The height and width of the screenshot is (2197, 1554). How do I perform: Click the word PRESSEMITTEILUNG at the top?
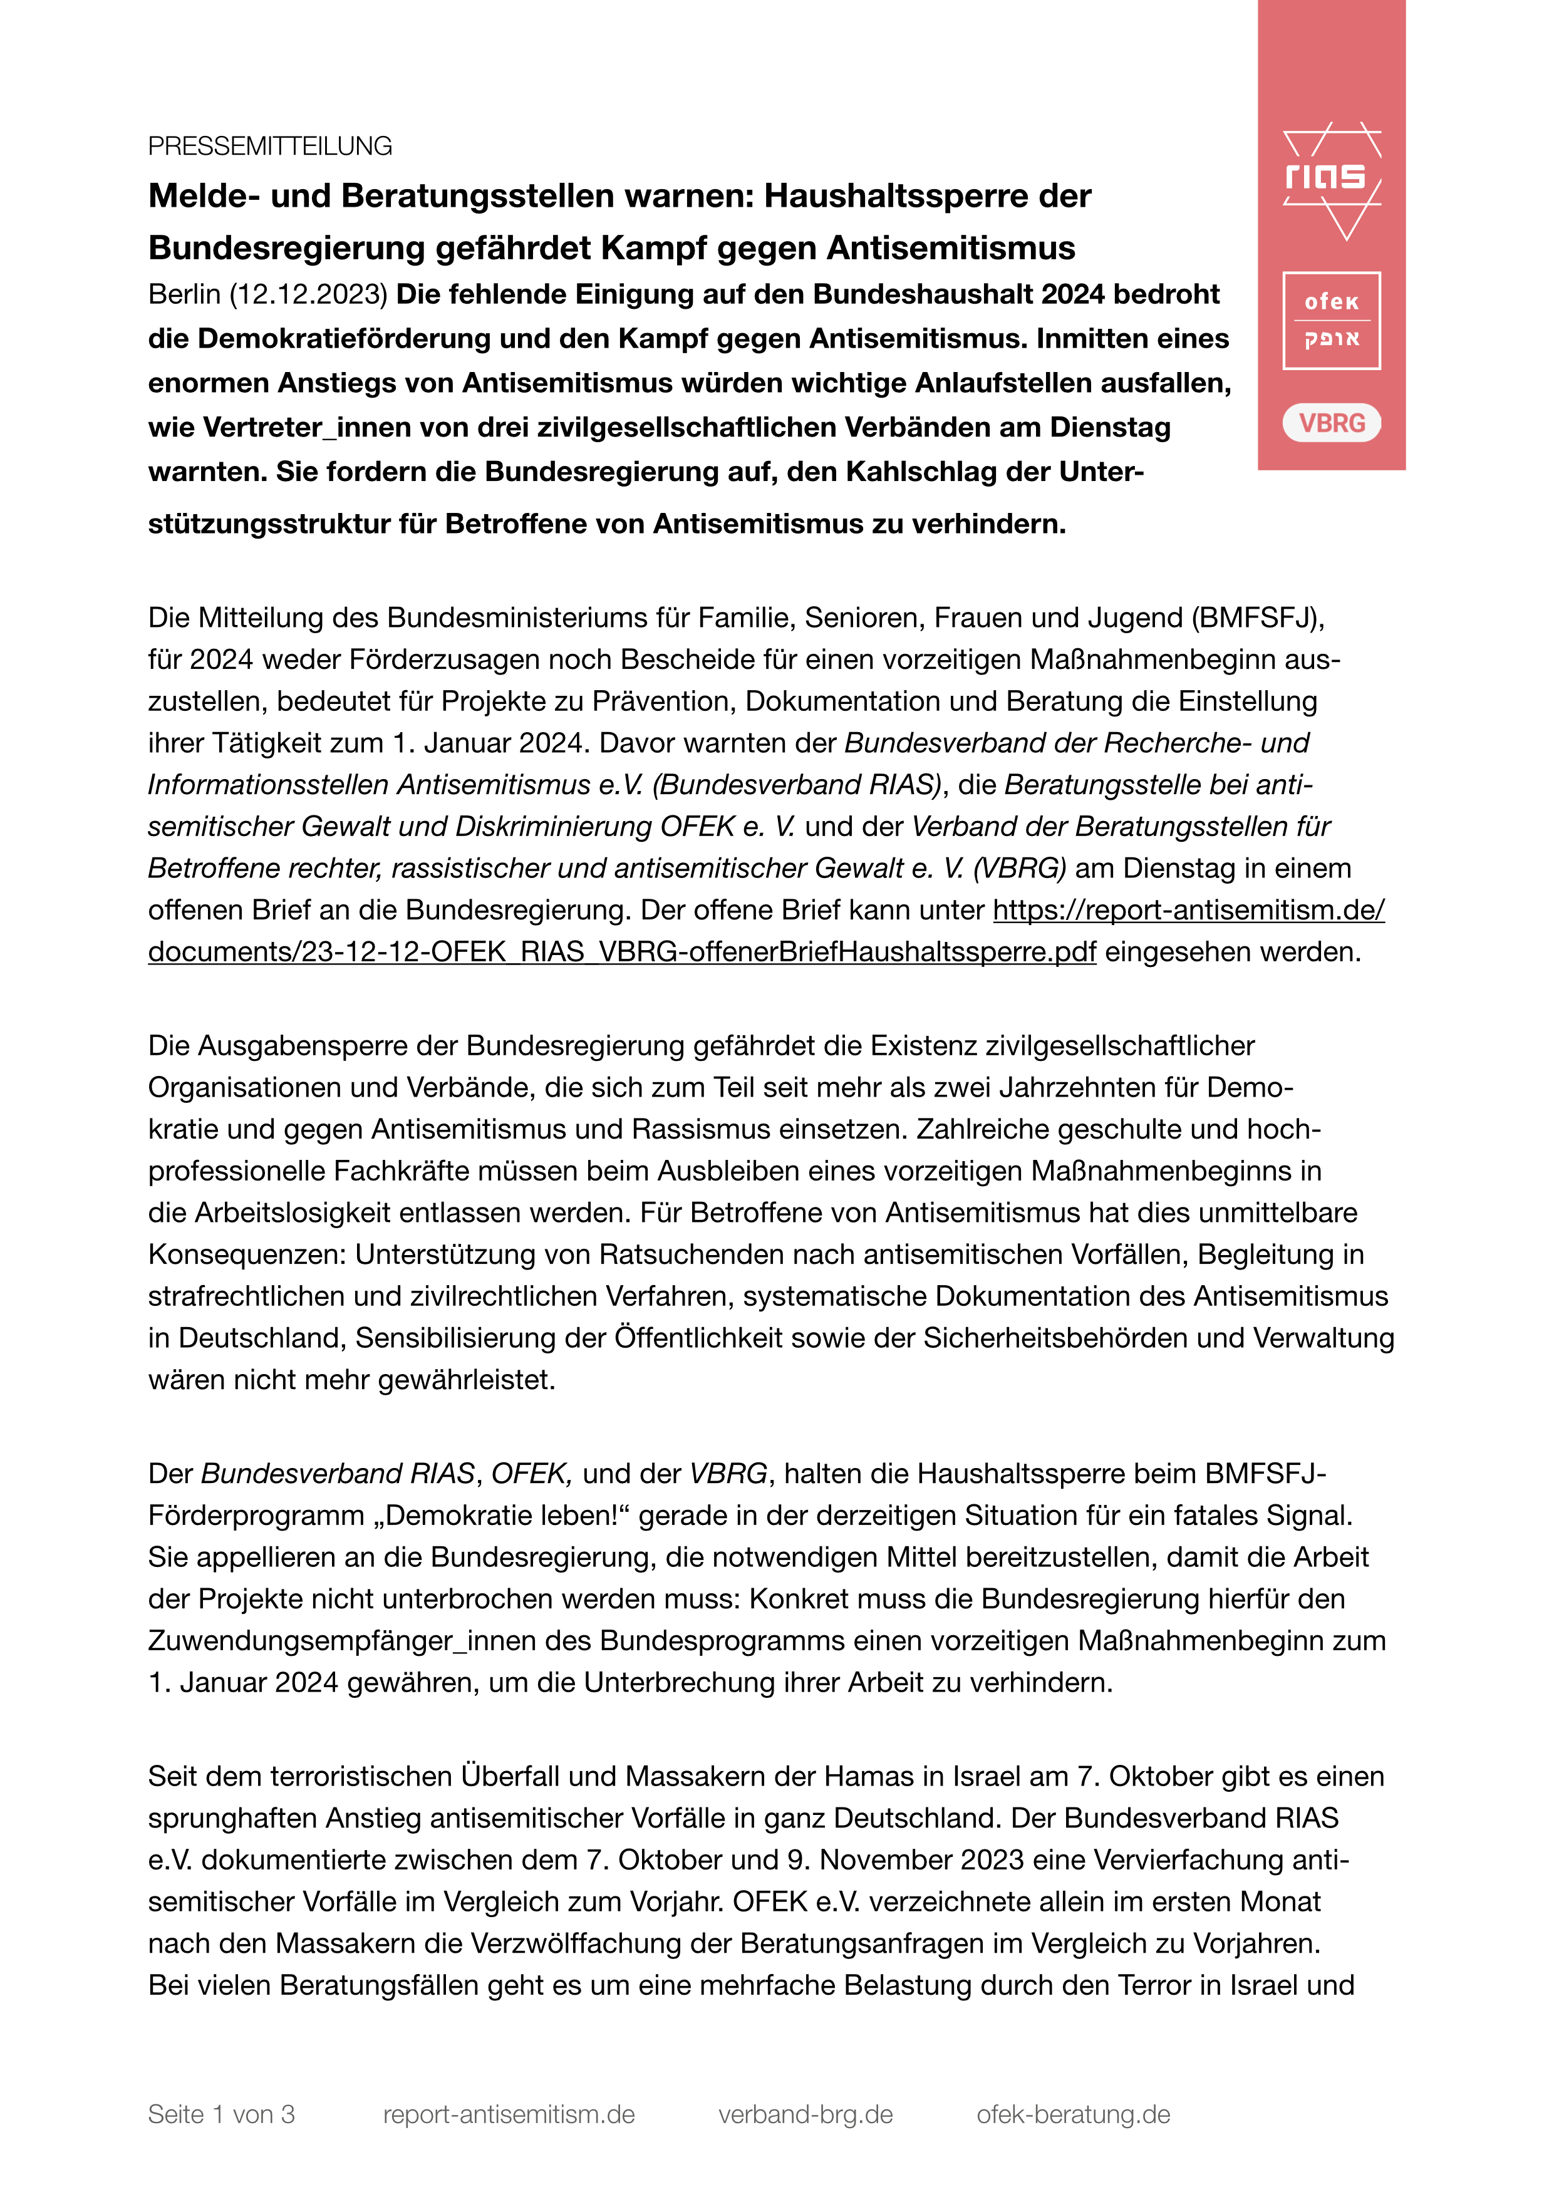pos(270,147)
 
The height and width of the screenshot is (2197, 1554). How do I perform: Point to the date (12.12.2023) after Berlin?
pos(308,295)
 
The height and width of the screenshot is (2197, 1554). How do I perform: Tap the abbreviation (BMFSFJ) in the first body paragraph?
pos(1256,618)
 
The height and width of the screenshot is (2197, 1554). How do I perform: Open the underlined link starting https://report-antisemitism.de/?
pos(1188,910)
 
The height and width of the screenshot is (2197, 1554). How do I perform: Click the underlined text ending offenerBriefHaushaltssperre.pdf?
pos(622,952)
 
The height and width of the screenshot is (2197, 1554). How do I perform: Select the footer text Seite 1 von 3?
pos(221,2114)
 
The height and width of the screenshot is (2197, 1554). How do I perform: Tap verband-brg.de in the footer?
pos(805,2114)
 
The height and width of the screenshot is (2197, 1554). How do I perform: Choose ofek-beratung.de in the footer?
pos(1073,2114)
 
